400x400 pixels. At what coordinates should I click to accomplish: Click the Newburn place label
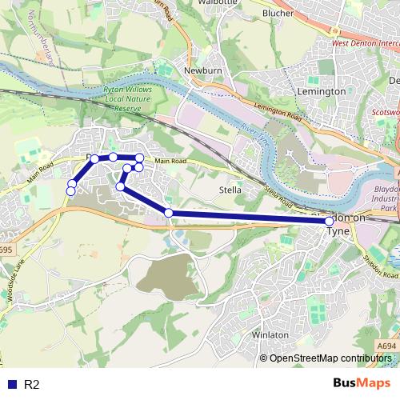(x=196, y=70)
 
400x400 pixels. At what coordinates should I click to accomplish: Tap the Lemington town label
(x=322, y=91)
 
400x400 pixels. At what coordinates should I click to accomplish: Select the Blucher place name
(x=278, y=14)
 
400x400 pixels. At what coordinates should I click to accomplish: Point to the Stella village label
(x=230, y=190)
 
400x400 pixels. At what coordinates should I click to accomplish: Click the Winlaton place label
(x=270, y=334)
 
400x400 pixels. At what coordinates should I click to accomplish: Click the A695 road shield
(x=5, y=250)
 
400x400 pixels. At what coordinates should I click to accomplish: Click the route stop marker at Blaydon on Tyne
(x=330, y=220)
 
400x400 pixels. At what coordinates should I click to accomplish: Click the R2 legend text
(x=32, y=385)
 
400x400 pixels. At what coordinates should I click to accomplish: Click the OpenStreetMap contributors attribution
(x=328, y=358)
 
